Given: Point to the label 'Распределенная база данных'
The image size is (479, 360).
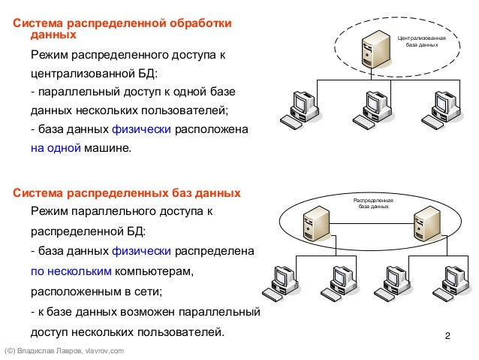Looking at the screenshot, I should (x=373, y=203).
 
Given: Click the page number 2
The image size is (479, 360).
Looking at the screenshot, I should (x=447, y=334).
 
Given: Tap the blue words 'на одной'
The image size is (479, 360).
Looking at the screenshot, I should (x=55, y=148).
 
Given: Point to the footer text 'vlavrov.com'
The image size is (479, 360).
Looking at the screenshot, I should (x=104, y=351).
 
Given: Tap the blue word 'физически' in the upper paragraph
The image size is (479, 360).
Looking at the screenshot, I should (x=146, y=129).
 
